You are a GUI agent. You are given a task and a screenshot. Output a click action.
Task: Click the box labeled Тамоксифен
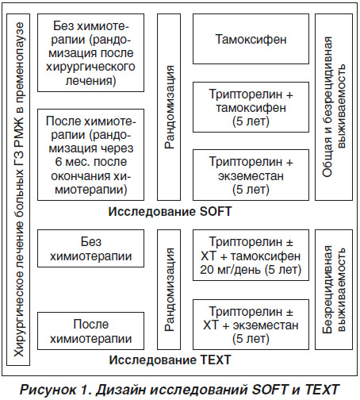point(251,39)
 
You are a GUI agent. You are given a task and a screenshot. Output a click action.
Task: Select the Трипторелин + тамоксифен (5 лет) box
point(251,107)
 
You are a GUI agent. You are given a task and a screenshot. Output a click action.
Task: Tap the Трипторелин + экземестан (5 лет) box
point(251,175)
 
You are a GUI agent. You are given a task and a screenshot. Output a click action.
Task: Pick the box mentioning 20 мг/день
point(251,255)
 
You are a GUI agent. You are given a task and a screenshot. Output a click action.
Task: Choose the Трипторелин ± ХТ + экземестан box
point(251,325)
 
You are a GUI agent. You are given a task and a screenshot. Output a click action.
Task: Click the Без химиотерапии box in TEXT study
point(90,248)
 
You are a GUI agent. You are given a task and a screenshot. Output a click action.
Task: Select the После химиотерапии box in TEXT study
point(90,331)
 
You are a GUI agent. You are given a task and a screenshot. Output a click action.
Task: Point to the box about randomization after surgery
point(90,53)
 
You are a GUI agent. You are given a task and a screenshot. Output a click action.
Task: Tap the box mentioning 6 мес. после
point(90,155)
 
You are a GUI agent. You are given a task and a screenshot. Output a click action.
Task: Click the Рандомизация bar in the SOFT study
point(169,107)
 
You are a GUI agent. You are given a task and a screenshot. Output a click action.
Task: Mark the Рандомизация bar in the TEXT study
point(169,290)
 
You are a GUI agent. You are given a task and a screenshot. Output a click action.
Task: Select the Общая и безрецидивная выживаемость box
point(334,107)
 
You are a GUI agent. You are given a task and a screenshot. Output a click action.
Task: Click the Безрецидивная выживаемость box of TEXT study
point(334,290)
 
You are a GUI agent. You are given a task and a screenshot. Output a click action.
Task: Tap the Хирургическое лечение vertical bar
point(18,190)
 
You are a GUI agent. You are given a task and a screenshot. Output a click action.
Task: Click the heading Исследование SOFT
point(170,212)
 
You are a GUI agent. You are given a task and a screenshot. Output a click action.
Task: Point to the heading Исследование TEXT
point(170,360)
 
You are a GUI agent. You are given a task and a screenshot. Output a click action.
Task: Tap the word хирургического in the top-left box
point(90,67)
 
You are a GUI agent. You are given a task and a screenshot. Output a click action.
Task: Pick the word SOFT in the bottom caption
point(270,390)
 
